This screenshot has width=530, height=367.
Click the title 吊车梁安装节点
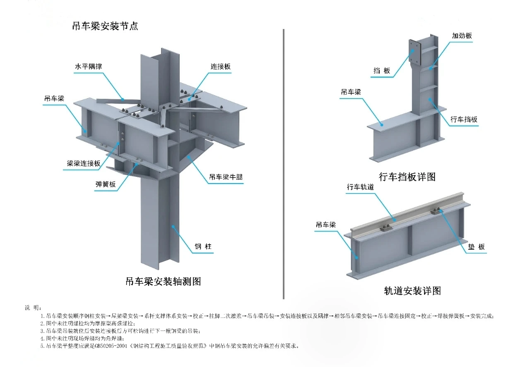tap(105, 26)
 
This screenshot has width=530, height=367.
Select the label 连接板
tap(220, 66)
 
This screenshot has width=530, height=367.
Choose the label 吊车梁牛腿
tap(226, 177)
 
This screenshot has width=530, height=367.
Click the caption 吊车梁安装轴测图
tap(163, 282)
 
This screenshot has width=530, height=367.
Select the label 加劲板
tap(462, 36)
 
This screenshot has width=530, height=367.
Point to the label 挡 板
tap(381, 71)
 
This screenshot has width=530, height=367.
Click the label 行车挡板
tap(464, 120)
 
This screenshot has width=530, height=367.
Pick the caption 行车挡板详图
tap(407, 177)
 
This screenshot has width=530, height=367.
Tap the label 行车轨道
tap(360, 187)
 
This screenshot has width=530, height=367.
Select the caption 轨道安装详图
tap(412, 290)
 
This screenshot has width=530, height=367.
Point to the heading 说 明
tap(33, 307)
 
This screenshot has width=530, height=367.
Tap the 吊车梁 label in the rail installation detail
tap(325, 225)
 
